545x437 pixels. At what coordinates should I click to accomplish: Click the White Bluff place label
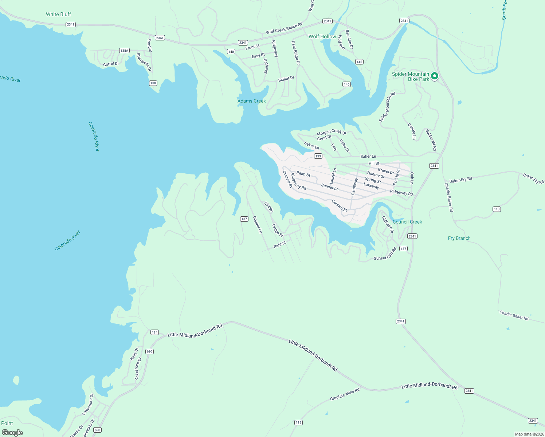click(x=58, y=14)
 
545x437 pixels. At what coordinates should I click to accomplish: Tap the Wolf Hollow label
click(x=322, y=36)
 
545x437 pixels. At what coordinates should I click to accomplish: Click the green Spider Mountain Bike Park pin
click(x=434, y=76)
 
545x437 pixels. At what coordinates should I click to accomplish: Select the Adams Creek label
click(x=252, y=101)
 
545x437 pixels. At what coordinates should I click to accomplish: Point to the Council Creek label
click(x=407, y=222)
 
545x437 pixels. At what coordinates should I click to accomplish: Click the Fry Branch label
click(x=459, y=238)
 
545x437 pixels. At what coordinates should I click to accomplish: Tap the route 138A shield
click(x=125, y=51)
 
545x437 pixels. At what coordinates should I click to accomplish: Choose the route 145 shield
click(x=359, y=62)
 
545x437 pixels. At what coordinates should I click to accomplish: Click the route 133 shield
click(x=318, y=156)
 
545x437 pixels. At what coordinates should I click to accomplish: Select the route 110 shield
click(x=497, y=209)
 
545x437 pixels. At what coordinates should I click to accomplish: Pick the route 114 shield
click(x=155, y=332)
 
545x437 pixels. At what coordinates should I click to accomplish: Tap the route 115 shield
click(x=298, y=422)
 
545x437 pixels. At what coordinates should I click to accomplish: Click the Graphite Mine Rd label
click(x=345, y=394)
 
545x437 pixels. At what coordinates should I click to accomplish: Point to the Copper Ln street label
click(x=257, y=225)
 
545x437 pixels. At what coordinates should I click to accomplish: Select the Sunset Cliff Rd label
click(x=385, y=254)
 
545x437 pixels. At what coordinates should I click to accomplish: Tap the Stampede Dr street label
click(x=144, y=62)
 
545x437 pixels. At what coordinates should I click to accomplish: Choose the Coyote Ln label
click(x=412, y=131)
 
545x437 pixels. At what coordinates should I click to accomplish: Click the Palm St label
click(x=303, y=174)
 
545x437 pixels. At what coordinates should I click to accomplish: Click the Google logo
click(x=12, y=433)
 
